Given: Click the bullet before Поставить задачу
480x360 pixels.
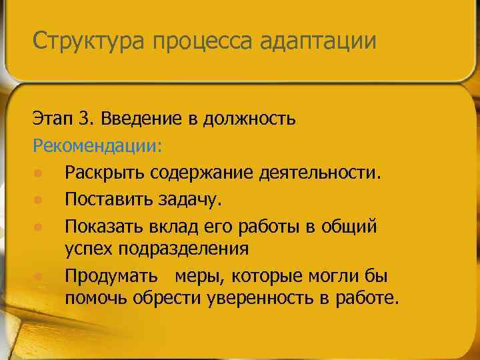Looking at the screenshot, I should point(39,200).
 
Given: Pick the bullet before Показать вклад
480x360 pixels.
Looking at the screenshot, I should point(39,227).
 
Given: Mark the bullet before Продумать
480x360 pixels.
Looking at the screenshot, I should point(39,276).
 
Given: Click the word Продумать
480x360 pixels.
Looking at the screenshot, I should point(111,275).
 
